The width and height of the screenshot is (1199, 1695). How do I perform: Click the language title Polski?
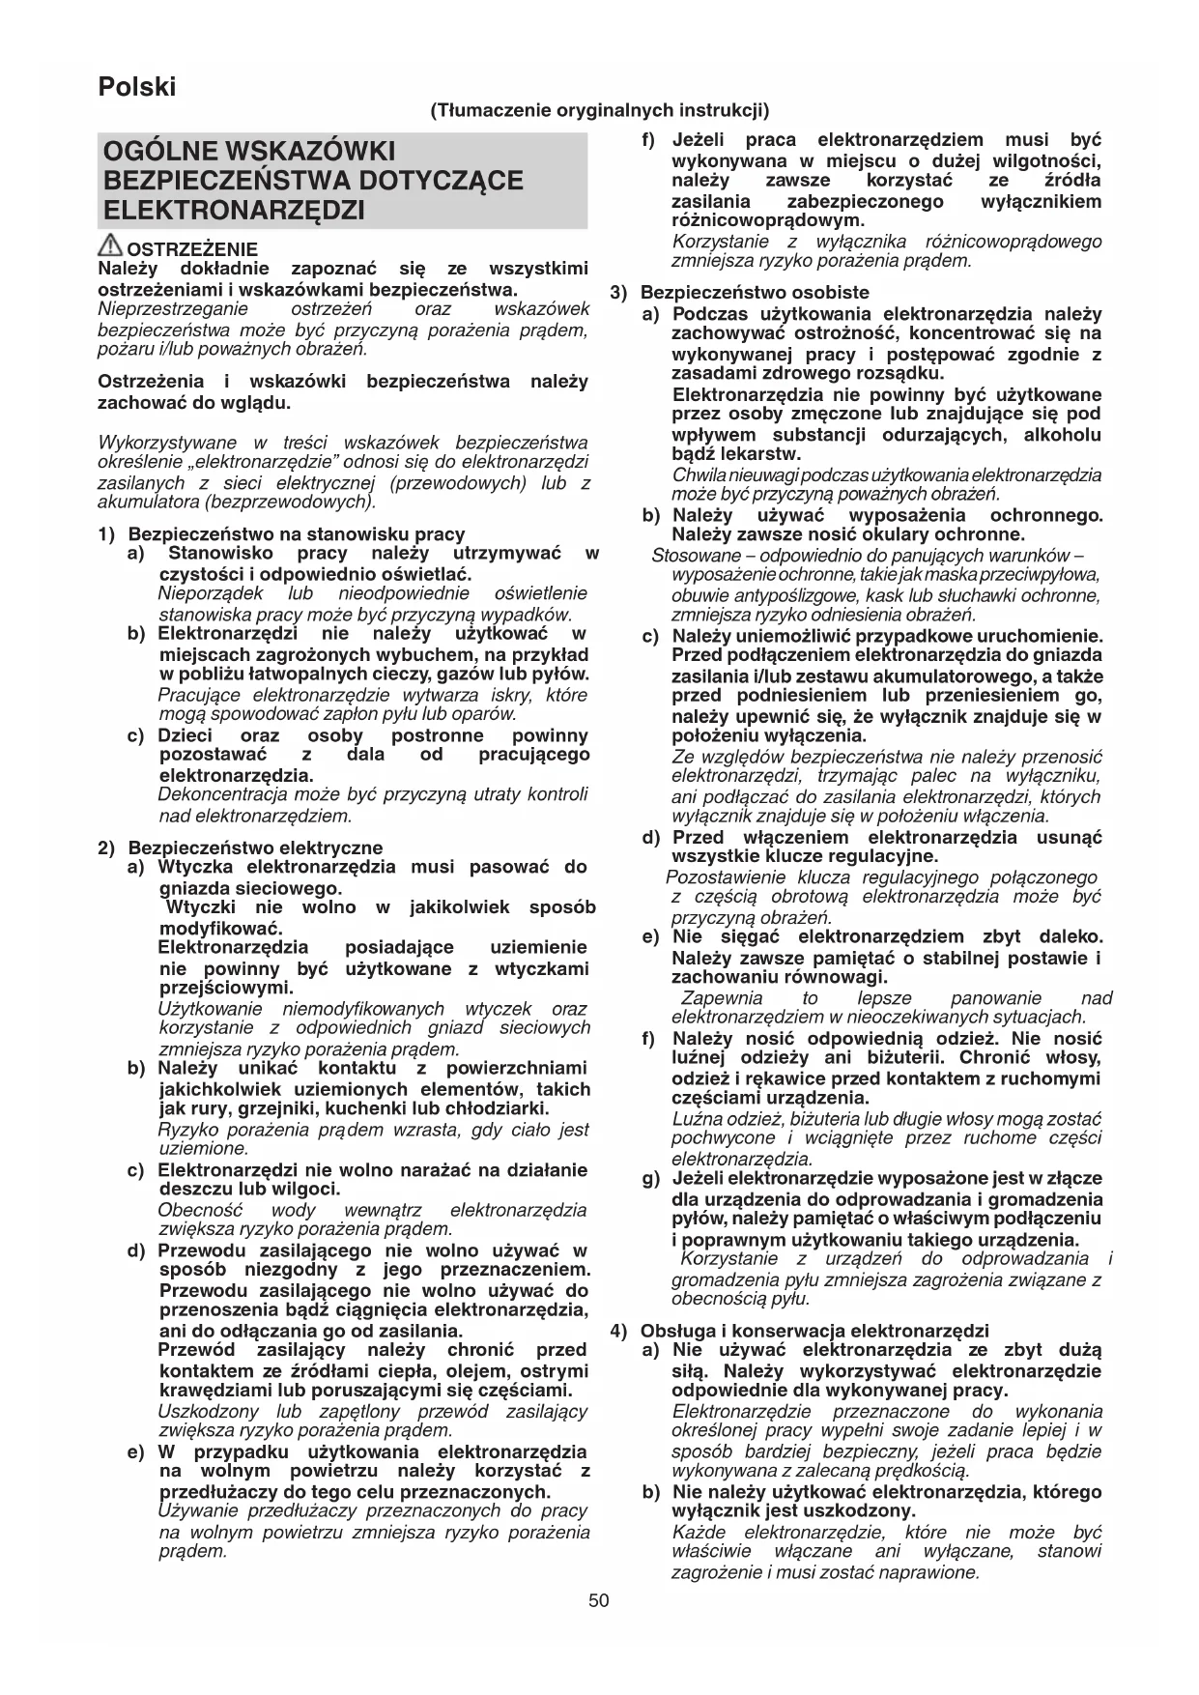click(137, 87)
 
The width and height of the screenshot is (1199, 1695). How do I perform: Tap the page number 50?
click(599, 1600)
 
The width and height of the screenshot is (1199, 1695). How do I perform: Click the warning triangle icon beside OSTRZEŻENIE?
click(111, 246)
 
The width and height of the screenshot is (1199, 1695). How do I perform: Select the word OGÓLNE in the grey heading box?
click(161, 152)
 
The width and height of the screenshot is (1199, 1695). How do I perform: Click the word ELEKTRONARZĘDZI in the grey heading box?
click(233, 210)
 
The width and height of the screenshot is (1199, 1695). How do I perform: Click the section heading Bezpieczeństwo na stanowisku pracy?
click(297, 533)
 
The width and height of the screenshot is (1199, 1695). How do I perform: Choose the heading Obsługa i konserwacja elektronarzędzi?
click(814, 1331)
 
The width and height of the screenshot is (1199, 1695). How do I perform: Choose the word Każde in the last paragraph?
click(697, 1533)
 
